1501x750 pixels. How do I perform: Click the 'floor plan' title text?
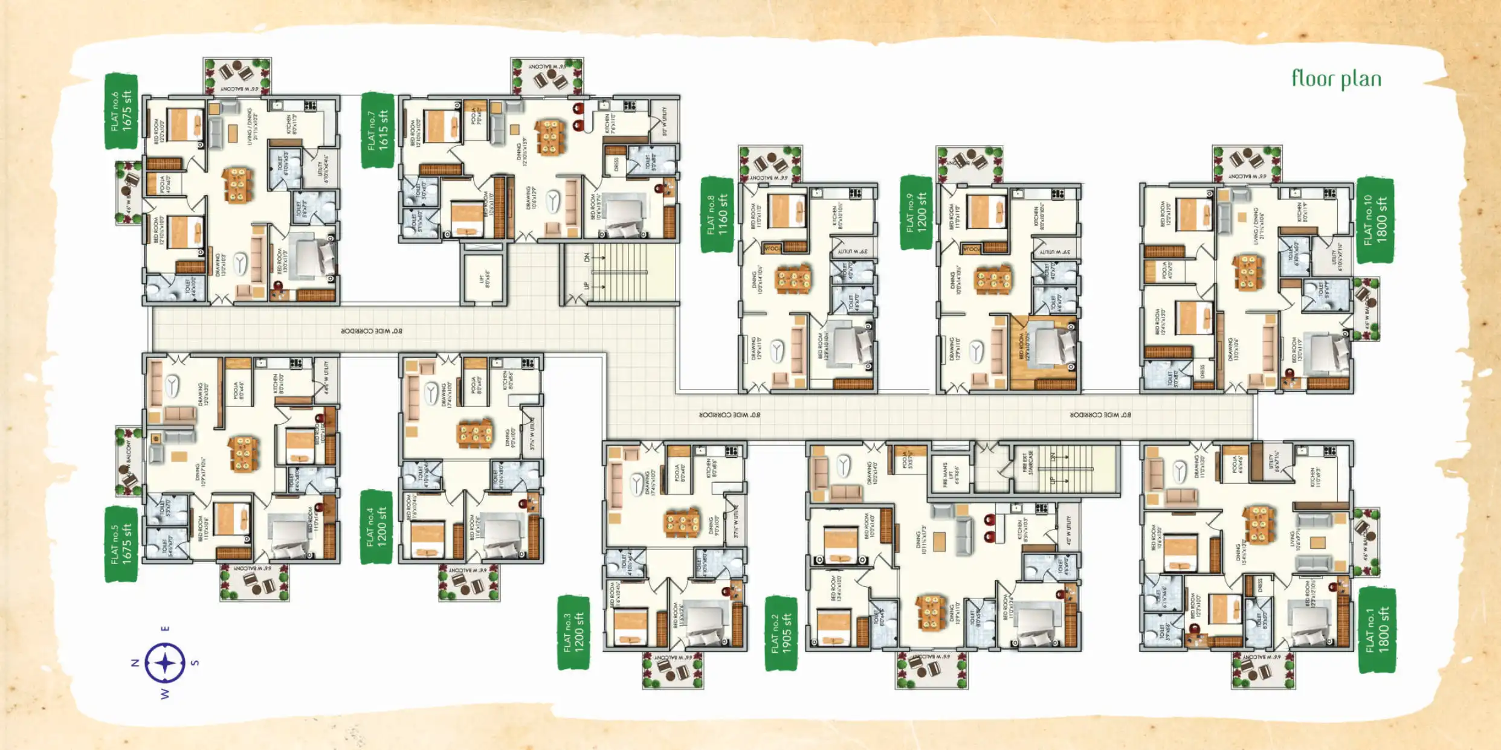click(1336, 79)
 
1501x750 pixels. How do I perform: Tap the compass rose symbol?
click(164, 663)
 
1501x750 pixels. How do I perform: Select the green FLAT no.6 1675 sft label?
click(121, 111)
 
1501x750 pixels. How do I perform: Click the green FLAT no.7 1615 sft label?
click(378, 130)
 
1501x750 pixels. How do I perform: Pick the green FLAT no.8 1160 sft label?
click(717, 214)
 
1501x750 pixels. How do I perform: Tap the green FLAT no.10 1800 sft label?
click(1375, 220)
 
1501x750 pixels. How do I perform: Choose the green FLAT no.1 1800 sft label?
click(1377, 630)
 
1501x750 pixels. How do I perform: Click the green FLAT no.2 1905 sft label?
click(781, 633)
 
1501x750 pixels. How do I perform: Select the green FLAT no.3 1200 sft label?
click(573, 632)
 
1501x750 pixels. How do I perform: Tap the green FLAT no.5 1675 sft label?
click(121, 544)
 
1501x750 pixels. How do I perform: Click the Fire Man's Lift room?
click(949, 474)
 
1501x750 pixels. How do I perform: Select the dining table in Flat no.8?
click(793, 280)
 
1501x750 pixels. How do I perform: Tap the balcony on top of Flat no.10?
click(1247, 163)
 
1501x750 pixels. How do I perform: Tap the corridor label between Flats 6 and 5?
click(371, 331)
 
